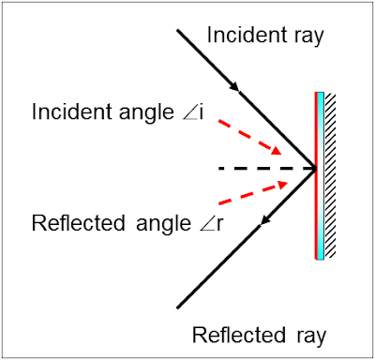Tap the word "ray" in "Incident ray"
pyautogui.click(x=303, y=37)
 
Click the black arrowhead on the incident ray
pyautogui.click(x=245, y=91)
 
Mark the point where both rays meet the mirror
pyautogui.click(x=315, y=169)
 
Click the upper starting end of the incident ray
pyautogui.click(x=178, y=28)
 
